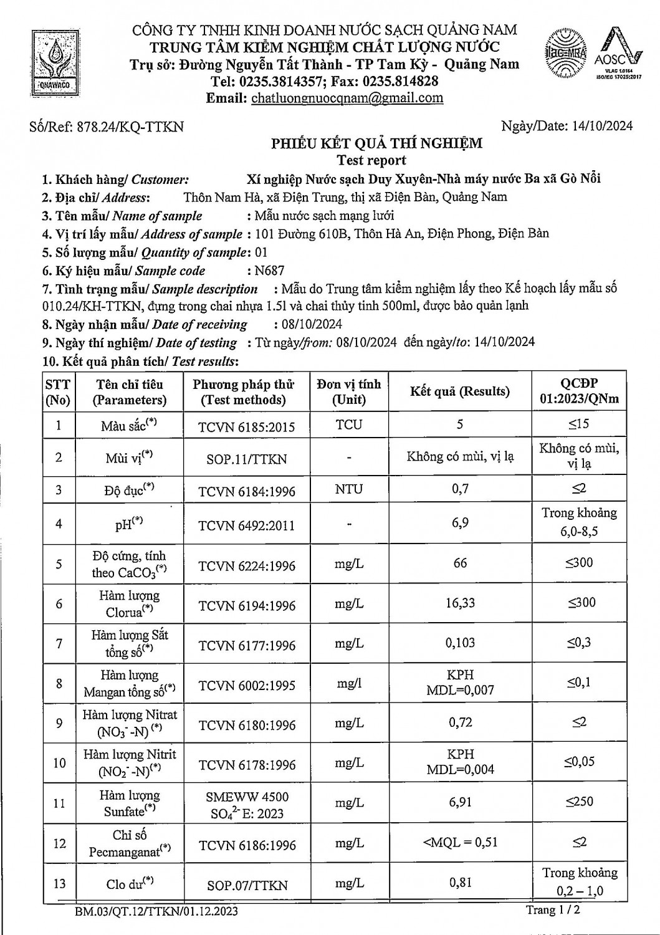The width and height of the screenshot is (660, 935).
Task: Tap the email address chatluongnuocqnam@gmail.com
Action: click(x=347, y=98)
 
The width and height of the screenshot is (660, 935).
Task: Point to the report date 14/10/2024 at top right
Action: click(x=602, y=126)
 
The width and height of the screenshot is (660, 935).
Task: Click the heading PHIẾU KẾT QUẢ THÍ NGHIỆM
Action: click(x=376, y=143)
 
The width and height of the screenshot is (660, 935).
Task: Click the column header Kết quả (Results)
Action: click(x=459, y=391)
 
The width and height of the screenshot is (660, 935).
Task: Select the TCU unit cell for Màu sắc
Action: click(x=348, y=424)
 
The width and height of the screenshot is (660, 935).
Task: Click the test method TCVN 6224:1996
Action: click(x=247, y=566)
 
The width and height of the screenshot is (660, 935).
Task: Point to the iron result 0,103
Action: click(x=460, y=642)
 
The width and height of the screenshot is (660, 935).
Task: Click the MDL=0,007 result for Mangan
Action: click(x=460, y=690)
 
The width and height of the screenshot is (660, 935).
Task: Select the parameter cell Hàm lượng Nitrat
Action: click(x=130, y=722)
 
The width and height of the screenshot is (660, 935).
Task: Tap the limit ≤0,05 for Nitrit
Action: click(x=579, y=760)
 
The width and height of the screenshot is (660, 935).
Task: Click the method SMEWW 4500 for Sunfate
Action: click(x=247, y=797)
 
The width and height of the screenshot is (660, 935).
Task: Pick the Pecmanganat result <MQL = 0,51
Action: click(x=460, y=843)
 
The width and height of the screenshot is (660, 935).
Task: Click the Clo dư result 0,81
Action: click(x=460, y=882)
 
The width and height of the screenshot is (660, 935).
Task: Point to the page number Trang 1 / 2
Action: click(x=555, y=910)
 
